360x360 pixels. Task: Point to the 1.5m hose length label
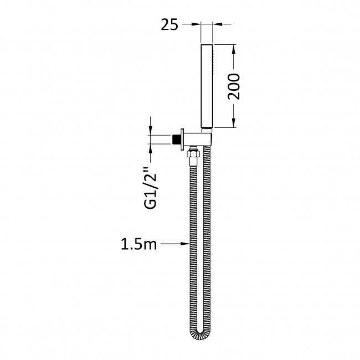[x=138, y=243]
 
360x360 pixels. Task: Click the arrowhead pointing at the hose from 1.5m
[x=186, y=243]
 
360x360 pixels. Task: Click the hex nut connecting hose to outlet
[x=193, y=152]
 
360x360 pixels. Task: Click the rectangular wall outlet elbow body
[x=194, y=138]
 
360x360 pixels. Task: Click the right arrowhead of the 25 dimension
[x=218, y=24]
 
